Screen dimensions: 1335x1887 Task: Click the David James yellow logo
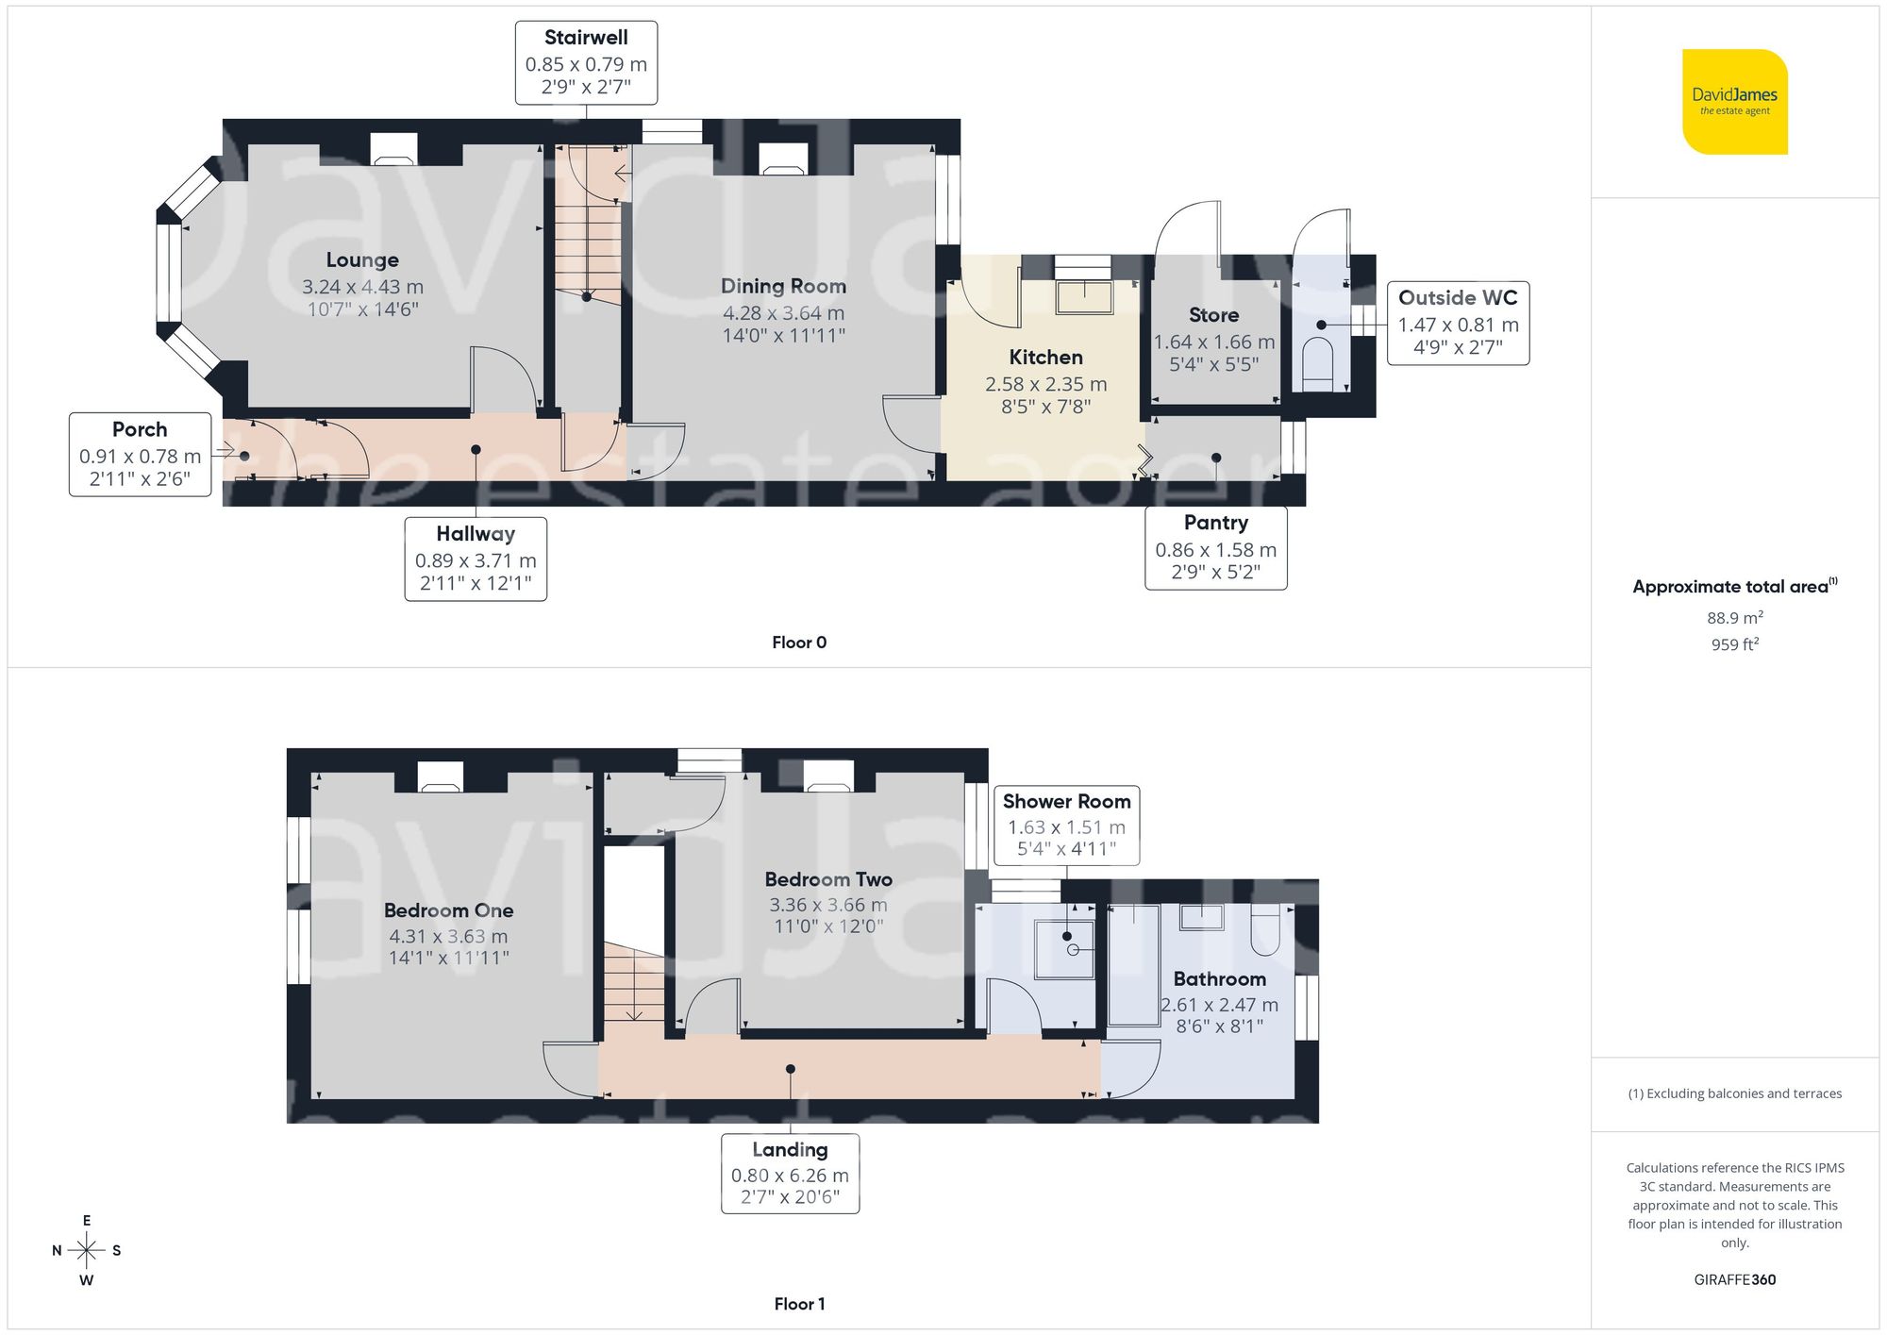pyautogui.click(x=1734, y=102)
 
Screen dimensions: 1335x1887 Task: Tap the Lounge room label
pyautogui.click(x=362, y=260)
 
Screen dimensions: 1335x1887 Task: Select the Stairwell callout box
pyautogui.click(x=586, y=62)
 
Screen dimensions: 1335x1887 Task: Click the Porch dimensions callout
pyautogui.click(x=140, y=455)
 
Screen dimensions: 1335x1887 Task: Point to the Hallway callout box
pyautogui.click(x=476, y=559)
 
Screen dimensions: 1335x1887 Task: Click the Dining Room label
pyautogui.click(x=783, y=286)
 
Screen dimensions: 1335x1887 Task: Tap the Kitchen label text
pyautogui.click(x=1045, y=358)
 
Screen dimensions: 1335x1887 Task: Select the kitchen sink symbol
pyautogui.click(x=1084, y=296)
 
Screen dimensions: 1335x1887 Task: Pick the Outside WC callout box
pyautogui.click(x=1458, y=324)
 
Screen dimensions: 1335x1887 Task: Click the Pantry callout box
pyautogui.click(x=1215, y=548)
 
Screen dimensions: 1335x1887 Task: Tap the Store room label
pyautogui.click(x=1213, y=315)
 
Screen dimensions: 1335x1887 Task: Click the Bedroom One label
pyautogui.click(x=448, y=910)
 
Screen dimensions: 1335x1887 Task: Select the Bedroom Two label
pyautogui.click(x=828, y=879)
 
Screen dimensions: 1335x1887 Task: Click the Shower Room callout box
pyautogui.click(x=1066, y=826)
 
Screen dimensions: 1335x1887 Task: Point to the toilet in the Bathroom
pyautogui.click(x=1264, y=929)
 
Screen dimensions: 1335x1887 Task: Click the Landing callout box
pyautogui.click(x=790, y=1174)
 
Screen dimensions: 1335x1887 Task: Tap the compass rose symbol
pyautogui.click(x=86, y=1251)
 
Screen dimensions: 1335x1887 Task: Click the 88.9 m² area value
pyautogui.click(x=1734, y=618)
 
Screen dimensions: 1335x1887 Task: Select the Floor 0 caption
pyautogui.click(x=798, y=642)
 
